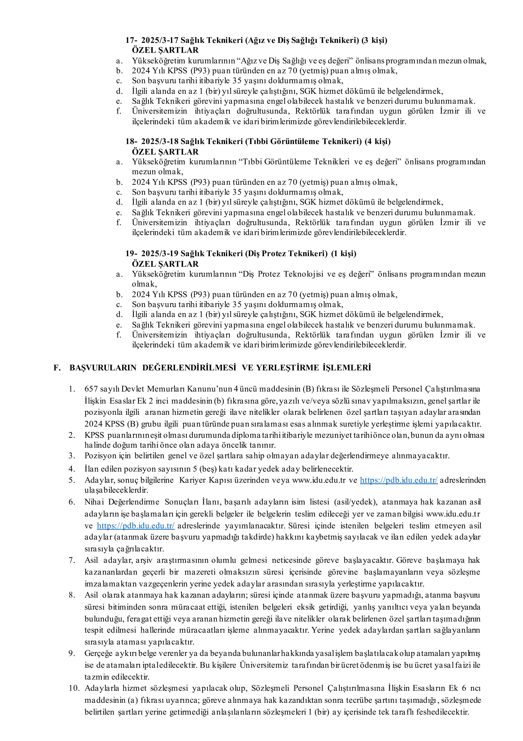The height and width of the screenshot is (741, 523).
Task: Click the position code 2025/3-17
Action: pos(160,40)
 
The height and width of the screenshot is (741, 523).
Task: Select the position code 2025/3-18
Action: pos(160,142)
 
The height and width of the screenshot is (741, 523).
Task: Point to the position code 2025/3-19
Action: pos(160,254)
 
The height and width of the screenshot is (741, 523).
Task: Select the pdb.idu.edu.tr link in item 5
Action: pos(399,480)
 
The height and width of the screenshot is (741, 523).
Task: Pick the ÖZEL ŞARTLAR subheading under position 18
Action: pos(165,152)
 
